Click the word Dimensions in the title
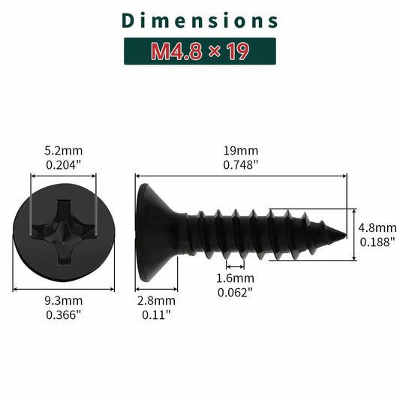pos(200,20)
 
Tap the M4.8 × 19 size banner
pos(200,52)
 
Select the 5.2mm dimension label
pos(64,149)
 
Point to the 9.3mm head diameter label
pos(64,300)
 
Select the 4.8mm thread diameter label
pos(377,228)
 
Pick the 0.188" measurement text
pos(377,242)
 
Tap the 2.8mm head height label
pos(158,300)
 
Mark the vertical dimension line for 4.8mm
pos(353,234)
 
